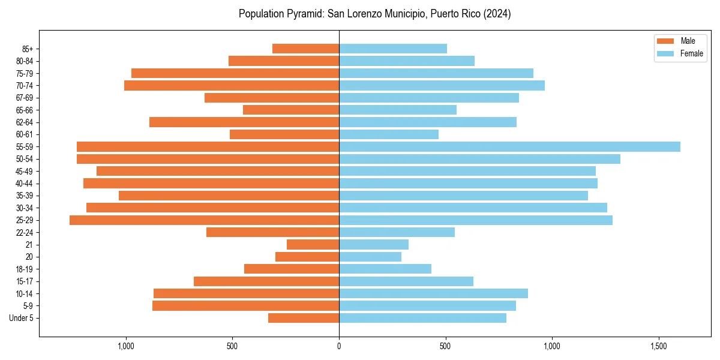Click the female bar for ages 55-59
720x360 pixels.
coord(509,147)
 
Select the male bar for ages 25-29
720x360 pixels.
coord(204,220)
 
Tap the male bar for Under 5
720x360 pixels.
coord(304,318)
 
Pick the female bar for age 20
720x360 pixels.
coord(370,257)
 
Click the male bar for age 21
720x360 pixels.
coord(313,245)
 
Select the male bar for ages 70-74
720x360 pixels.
coord(232,86)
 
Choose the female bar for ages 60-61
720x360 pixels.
coord(389,134)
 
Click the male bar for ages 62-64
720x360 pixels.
coord(244,122)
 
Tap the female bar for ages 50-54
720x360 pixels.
coord(479,159)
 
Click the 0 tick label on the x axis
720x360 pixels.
coord(339,346)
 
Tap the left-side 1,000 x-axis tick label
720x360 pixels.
coord(126,346)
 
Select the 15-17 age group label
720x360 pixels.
coord(25,281)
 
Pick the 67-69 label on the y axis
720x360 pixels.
coord(25,98)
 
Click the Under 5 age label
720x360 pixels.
coord(21,318)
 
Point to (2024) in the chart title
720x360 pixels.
coord(497,14)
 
